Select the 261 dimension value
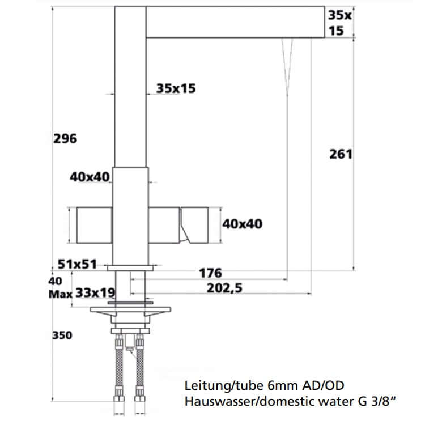341,154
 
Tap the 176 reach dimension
210,274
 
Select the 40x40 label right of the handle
242,224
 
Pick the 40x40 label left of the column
90,177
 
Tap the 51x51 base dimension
78,264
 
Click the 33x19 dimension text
95,293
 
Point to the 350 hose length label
62,335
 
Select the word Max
60,294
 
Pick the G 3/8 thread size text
375,401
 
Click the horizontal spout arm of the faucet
235,22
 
